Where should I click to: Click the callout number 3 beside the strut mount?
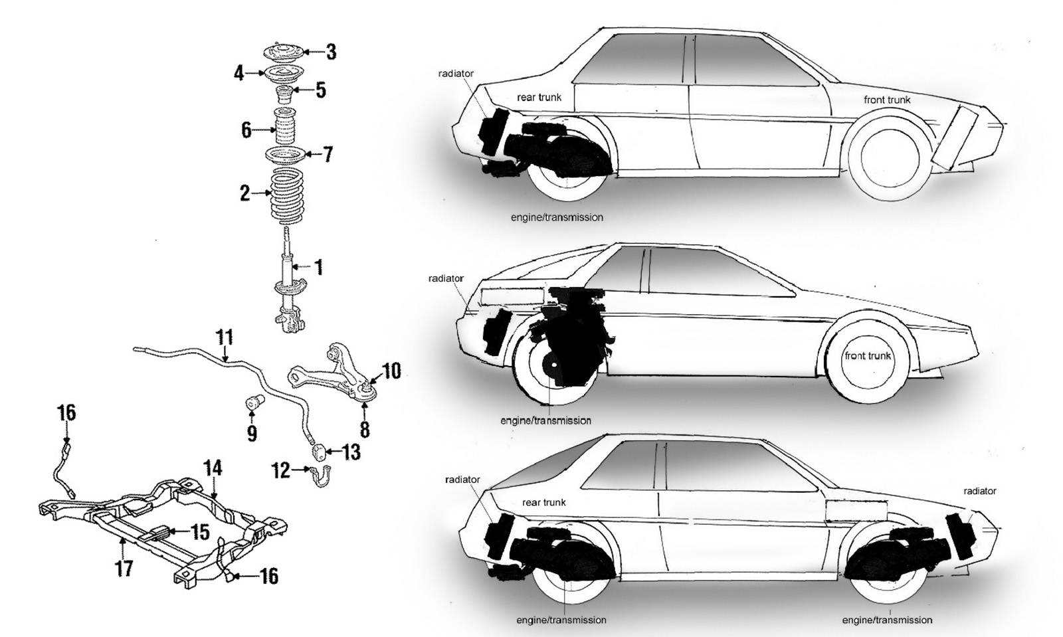pos(330,51)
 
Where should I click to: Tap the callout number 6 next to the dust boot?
pos(246,129)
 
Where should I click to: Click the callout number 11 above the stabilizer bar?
pos(225,337)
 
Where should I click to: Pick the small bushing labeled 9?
pos(254,403)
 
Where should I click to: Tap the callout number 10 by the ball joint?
pos(391,371)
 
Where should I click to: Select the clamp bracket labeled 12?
pos(320,476)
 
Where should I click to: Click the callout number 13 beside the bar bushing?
pos(351,452)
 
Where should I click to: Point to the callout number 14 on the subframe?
pos(213,468)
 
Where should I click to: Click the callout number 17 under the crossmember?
pos(124,568)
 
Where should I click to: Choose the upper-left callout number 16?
pos(66,413)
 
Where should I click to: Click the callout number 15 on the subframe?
pos(200,531)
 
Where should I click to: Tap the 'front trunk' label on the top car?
pos(886,100)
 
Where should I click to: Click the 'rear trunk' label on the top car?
pos(539,97)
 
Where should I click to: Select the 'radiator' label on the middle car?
pos(446,278)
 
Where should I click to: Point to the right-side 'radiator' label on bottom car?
pos(979,491)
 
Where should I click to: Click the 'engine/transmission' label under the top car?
pos(557,217)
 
